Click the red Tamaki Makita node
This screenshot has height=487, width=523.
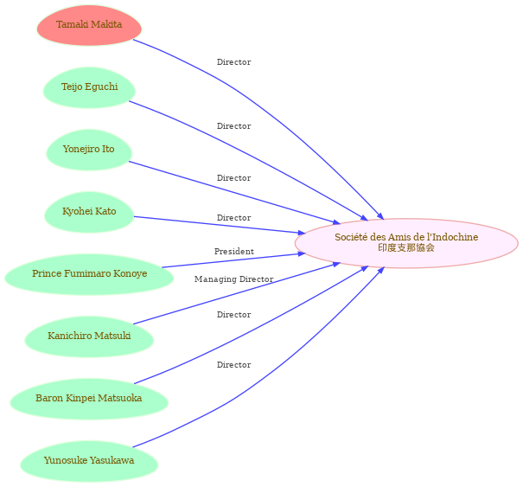89,25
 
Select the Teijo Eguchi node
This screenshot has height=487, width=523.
89,87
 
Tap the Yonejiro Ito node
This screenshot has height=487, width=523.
89,150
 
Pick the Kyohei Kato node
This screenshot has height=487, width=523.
89,212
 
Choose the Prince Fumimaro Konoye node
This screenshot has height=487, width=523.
89,274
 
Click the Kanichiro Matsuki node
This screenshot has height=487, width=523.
89,336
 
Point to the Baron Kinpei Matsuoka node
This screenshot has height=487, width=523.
89,399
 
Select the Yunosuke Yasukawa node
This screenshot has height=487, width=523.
89,461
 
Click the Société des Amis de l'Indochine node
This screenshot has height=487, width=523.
406,243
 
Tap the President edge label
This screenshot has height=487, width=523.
233,252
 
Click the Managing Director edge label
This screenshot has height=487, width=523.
233,279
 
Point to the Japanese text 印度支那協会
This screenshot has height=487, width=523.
406,247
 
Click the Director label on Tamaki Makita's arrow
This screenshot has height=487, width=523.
233,62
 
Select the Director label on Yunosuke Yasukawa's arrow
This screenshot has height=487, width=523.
233,365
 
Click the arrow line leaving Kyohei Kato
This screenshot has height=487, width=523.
220,225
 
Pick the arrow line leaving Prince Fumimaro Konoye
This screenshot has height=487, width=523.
233,260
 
